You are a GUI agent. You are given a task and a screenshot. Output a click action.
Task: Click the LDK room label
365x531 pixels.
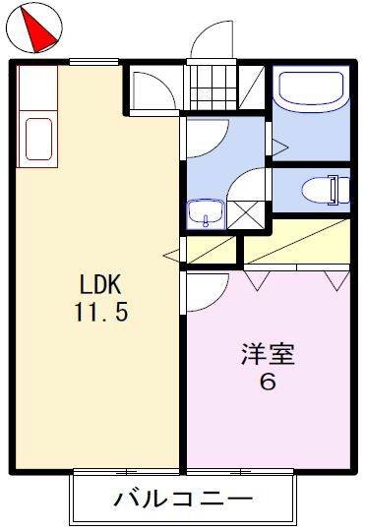(100, 284)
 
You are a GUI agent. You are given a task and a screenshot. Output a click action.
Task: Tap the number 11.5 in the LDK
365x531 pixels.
(101, 312)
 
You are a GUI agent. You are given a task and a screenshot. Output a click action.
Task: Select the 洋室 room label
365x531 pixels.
(268, 354)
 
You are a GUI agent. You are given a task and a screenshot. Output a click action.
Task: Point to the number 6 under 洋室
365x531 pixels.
(268, 382)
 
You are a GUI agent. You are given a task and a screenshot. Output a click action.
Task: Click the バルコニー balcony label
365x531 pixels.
(183, 499)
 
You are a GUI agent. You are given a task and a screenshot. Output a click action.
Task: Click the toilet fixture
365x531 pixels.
(326, 190)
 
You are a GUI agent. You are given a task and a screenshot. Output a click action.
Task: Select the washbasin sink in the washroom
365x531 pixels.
(206, 212)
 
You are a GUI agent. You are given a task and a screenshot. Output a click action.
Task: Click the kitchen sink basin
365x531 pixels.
(38, 139)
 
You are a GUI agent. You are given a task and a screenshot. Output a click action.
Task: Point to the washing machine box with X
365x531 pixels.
(246, 215)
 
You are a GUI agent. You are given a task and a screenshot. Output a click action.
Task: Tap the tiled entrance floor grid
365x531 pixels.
(213, 88)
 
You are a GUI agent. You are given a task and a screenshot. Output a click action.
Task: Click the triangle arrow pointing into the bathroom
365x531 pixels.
(279, 147)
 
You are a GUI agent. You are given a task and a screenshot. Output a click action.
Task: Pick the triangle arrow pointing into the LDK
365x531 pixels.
(172, 256)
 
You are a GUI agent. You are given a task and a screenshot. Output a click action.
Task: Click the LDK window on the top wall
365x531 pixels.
(93, 62)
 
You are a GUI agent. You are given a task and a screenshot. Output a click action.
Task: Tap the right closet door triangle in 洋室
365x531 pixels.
(336, 280)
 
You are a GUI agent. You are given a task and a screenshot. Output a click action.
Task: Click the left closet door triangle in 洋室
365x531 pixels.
(258, 280)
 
